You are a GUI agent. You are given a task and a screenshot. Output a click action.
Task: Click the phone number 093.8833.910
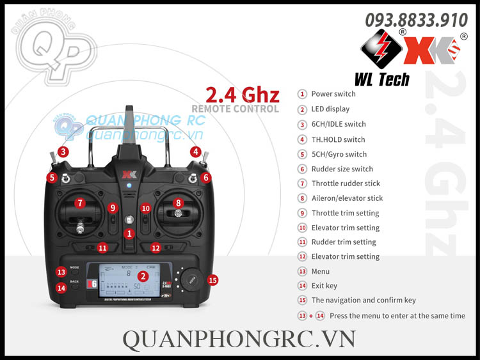tap(416, 20)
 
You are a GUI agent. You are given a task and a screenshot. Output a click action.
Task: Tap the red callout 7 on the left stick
tap(79, 203)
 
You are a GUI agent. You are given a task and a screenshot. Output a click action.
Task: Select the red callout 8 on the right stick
tap(179, 203)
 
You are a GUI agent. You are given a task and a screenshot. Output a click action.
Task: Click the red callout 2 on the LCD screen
tap(143, 276)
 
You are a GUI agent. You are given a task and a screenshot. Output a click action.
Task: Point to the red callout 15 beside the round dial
tap(213, 279)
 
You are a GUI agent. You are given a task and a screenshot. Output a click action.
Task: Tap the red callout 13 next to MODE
tap(61, 272)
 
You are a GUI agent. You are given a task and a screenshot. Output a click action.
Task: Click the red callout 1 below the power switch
tap(129, 234)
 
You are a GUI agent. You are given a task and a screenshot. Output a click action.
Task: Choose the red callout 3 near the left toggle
tap(63, 152)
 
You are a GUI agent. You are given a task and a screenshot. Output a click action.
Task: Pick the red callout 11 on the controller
tap(103, 247)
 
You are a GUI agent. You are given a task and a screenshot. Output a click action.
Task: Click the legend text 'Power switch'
tap(333, 94)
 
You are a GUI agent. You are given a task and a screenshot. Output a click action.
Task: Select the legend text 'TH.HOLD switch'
tap(338, 139)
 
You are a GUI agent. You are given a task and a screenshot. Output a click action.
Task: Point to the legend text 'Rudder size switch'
tap(342, 169)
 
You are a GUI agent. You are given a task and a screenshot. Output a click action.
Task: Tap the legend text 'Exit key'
tap(324, 286)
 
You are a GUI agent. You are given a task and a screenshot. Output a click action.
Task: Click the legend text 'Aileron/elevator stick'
tap(347, 198)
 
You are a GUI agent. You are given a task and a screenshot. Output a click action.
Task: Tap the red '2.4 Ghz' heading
tap(243, 95)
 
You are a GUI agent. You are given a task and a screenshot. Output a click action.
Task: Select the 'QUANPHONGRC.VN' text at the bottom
tap(239, 338)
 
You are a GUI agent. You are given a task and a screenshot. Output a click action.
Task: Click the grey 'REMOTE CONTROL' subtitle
tap(235, 109)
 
